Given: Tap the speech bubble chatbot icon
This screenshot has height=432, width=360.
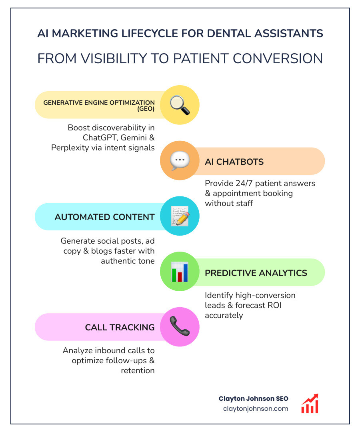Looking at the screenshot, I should (x=180, y=161).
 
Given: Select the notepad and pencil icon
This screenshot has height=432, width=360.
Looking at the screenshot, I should (x=180, y=216).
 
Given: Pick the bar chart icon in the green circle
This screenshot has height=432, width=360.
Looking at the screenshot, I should (x=180, y=272).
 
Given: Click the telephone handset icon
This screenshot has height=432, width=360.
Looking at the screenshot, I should (x=180, y=327).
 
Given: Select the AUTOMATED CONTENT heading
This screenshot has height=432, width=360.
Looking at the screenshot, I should (x=104, y=217).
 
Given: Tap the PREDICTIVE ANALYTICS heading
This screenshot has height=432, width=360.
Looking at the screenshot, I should (x=256, y=273).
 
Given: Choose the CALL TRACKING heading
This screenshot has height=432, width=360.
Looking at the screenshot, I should (x=120, y=327).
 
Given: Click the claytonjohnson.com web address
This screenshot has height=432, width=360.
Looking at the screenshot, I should (x=256, y=408).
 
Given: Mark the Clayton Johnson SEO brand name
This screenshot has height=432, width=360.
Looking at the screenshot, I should (x=253, y=398).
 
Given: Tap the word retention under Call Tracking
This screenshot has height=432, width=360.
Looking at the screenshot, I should (x=138, y=370).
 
